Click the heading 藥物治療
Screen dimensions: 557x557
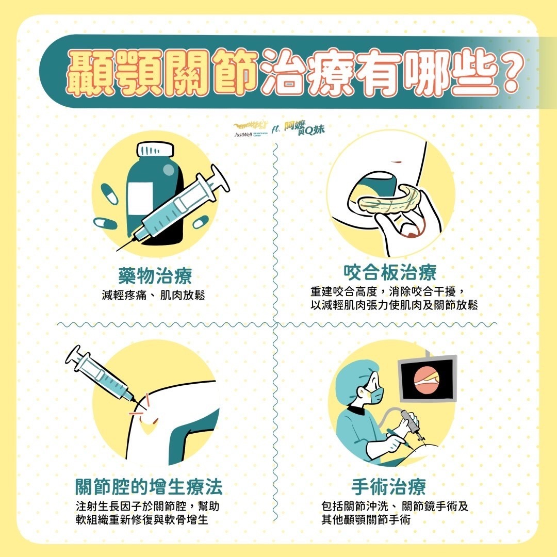155,275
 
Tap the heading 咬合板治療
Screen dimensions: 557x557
390,272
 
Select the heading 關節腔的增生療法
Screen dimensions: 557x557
149,486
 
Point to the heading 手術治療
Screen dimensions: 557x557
388,486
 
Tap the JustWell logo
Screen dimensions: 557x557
251,129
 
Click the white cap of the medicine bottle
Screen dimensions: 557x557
155,149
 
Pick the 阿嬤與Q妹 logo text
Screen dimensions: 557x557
304,127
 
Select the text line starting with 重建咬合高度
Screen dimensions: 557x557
388,291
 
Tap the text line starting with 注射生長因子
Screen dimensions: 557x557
148,506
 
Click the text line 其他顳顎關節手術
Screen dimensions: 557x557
366,520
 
